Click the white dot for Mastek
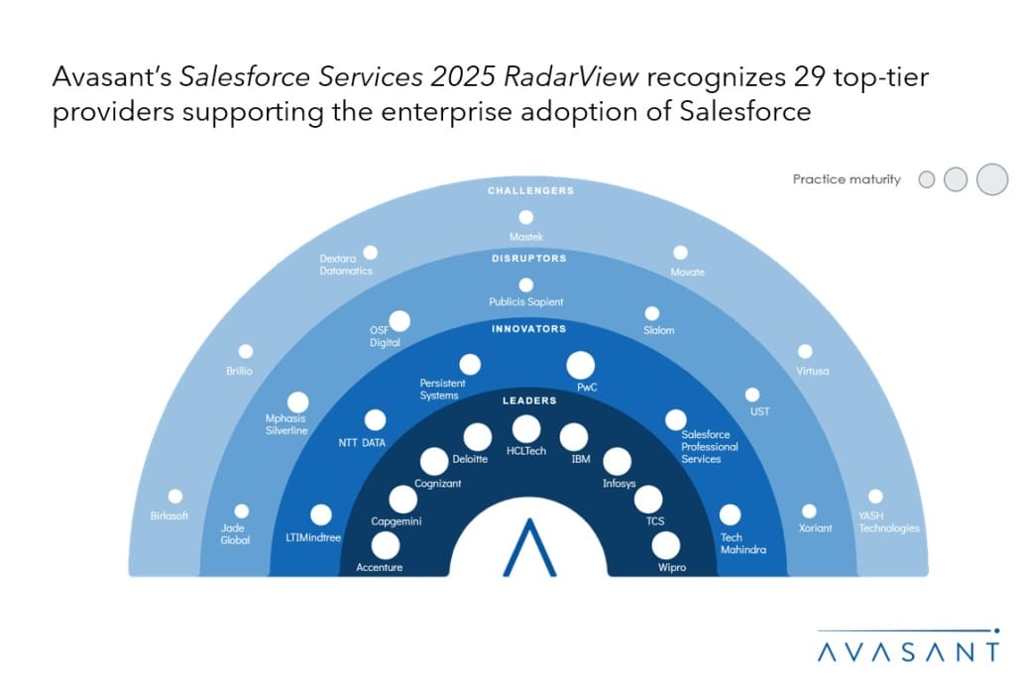click(526, 217)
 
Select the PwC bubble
click(580, 365)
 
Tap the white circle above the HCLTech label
click(526, 429)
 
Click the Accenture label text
click(379, 568)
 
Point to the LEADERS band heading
click(529, 400)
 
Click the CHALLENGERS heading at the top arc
click(530, 190)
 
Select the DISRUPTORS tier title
click(528, 259)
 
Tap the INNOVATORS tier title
click(528, 329)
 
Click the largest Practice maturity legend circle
click(992, 179)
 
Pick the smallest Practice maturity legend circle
click(927, 179)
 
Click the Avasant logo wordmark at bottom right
click(908, 651)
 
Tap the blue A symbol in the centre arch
click(529, 547)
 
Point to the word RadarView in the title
click(571, 77)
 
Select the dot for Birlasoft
click(175, 497)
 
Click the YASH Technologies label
click(889, 522)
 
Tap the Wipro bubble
click(665, 545)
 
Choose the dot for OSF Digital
click(399, 321)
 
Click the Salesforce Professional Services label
click(710, 447)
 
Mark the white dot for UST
click(752, 396)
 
